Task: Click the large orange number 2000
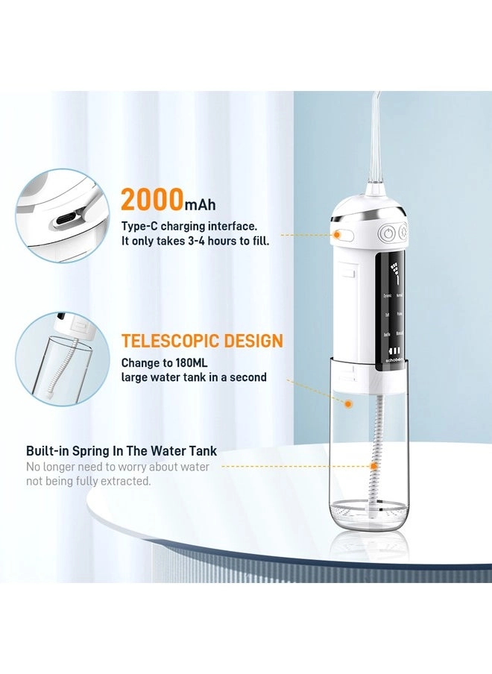coord(151,200)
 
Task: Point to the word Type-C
coord(138,225)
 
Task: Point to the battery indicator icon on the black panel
coord(395,351)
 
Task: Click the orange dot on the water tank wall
coord(347,403)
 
